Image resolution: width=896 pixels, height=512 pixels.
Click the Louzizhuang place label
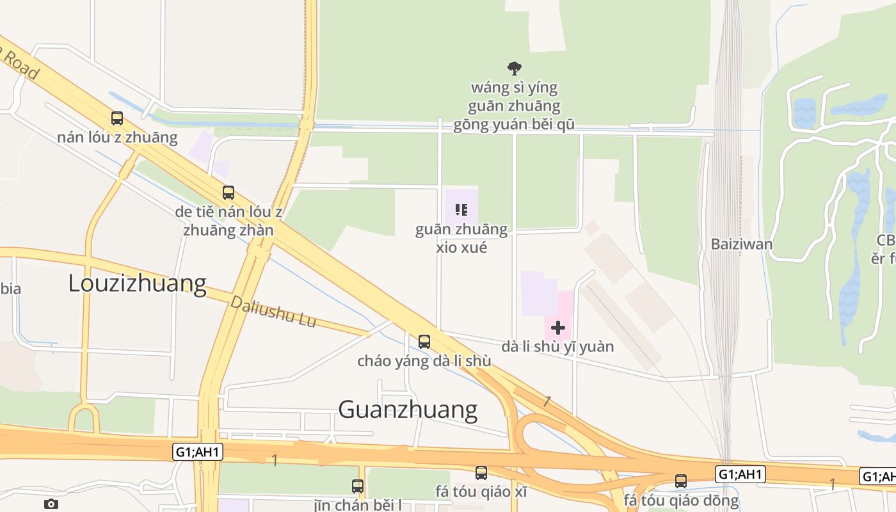click(x=137, y=283)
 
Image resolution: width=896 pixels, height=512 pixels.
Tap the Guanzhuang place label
click(x=408, y=409)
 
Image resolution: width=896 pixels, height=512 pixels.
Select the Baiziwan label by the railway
click(x=741, y=244)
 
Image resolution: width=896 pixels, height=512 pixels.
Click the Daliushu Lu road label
click(x=273, y=311)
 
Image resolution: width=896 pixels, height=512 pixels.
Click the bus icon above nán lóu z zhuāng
click(x=116, y=118)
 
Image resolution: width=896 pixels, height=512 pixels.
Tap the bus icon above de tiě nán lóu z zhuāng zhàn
click(x=228, y=192)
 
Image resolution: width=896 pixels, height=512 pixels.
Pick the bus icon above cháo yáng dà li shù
click(x=424, y=341)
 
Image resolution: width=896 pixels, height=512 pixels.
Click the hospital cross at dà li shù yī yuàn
click(x=557, y=328)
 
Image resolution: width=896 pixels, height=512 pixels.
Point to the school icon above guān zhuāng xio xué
click(x=461, y=209)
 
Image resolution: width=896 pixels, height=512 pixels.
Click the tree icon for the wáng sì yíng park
click(x=513, y=68)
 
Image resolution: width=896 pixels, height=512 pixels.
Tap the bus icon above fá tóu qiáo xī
click(x=481, y=473)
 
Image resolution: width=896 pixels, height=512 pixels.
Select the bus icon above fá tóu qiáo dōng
click(x=681, y=481)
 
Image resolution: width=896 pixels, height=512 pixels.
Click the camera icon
click(x=51, y=504)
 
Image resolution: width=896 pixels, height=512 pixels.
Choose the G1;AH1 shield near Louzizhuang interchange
click(x=198, y=452)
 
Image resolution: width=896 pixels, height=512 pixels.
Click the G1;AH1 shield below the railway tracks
click(x=740, y=474)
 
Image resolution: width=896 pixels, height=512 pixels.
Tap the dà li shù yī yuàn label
click(x=557, y=347)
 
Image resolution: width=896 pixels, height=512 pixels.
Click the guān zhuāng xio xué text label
click(x=461, y=238)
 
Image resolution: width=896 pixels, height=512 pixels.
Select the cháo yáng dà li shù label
click(x=424, y=361)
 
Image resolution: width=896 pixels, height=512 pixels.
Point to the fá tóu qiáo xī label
click(x=481, y=492)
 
